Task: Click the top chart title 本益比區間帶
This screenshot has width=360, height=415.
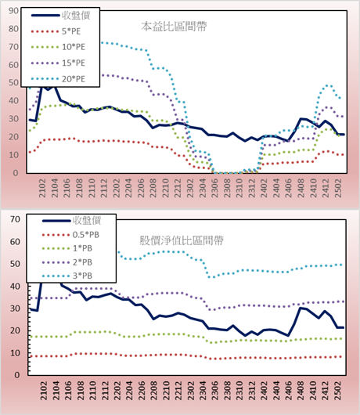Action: pos(174,27)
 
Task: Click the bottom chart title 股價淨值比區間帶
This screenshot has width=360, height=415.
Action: pos(182,240)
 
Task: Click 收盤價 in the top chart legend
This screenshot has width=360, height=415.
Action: pos(76,16)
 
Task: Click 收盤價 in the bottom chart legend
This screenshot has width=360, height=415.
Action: pos(87,220)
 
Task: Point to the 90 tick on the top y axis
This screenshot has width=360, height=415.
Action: pos(13,11)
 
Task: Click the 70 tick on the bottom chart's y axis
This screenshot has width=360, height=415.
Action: pos(15,219)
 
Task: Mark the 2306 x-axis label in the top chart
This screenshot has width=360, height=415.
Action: pos(214,188)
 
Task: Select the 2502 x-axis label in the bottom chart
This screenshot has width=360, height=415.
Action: pos(338,391)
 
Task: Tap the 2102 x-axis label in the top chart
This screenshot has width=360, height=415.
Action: pos(42,188)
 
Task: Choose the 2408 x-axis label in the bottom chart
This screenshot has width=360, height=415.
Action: pos(301,391)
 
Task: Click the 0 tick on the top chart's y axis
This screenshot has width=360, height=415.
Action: pos(16,173)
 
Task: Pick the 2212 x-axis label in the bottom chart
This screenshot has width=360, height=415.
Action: pos(178,391)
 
